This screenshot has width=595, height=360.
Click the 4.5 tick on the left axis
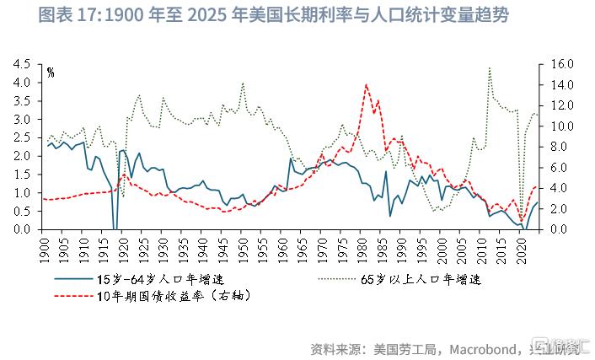coord(24,64)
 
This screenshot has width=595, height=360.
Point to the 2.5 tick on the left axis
coord(24,137)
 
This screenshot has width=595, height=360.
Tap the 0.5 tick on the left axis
coord(24,211)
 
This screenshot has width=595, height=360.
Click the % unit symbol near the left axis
coord(51,73)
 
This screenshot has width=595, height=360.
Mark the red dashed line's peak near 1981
coord(366,84)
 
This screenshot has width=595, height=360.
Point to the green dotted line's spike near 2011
coord(490,68)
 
